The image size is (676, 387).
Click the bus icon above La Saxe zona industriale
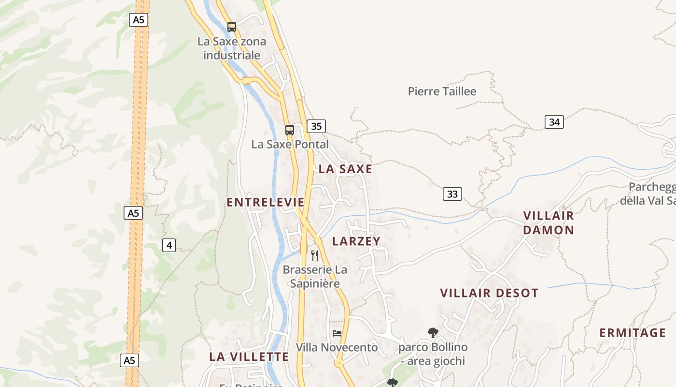pyautogui.click(x=232, y=27)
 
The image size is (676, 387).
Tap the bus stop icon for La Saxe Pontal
pyautogui.click(x=289, y=130)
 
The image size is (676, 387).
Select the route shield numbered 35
pyautogui.click(x=316, y=126)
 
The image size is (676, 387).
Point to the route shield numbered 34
pyautogui.click(x=554, y=122)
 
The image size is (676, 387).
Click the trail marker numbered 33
pyautogui.click(x=452, y=194)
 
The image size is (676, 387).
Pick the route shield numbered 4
pyautogui.click(x=169, y=245)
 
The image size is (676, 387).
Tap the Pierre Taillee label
pyautogui.click(x=442, y=91)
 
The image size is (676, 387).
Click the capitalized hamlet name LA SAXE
pyautogui.click(x=345, y=169)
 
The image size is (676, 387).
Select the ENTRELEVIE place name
pyautogui.click(x=266, y=202)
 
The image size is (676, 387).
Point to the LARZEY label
pyautogui.click(x=356, y=241)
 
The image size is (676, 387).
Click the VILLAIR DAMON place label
pyautogui.click(x=549, y=223)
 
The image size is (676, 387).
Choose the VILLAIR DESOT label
pyautogui.click(x=489, y=293)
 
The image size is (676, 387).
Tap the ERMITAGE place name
pyautogui.click(x=633, y=333)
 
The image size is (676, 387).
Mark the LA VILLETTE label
pyautogui.click(x=249, y=357)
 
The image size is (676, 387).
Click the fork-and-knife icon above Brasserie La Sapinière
pyautogui.click(x=315, y=255)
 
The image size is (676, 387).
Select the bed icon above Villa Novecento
pyautogui.click(x=337, y=333)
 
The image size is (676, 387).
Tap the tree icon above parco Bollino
pyautogui.click(x=433, y=332)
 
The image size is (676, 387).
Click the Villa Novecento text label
pyautogui.click(x=337, y=347)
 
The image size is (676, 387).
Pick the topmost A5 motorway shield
pyautogui.click(x=139, y=20)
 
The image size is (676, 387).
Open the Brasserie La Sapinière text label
pyautogui.click(x=315, y=276)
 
